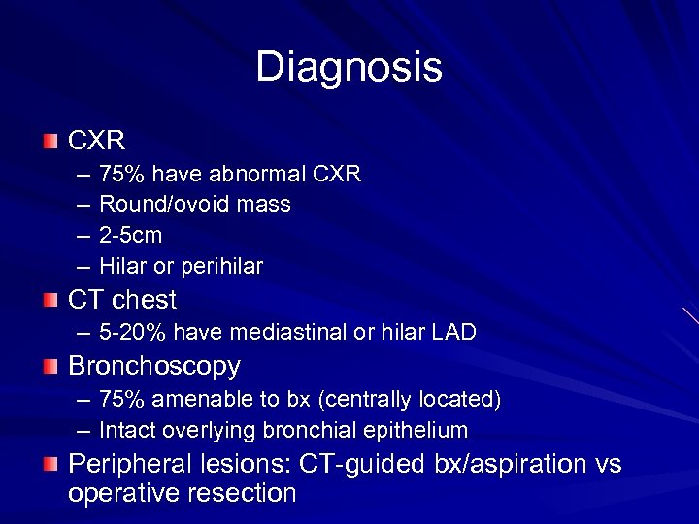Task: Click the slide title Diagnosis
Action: coord(349,67)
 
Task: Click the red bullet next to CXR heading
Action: coord(50,142)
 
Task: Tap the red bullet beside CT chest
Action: coord(50,300)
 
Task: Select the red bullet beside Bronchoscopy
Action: coord(50,367)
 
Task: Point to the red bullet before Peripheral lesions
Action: coord(50,465)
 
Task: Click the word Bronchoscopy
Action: coord(153,366)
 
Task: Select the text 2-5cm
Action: coord(131,235)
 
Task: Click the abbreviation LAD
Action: coord(454,332)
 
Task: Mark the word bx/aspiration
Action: coord(504,464)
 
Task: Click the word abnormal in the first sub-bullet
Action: coord(260,174)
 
